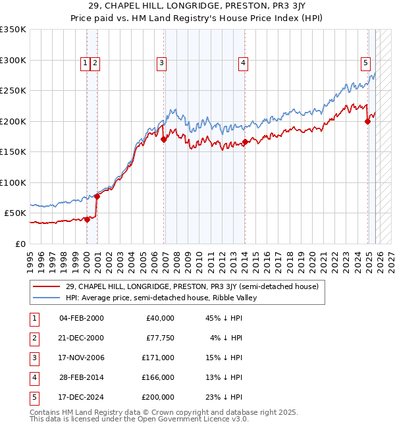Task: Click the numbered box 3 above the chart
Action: pos(161,63)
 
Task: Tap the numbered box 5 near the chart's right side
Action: pos(365,63)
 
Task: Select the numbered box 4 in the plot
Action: pos(243,63)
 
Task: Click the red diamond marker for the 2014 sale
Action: pos(245,142)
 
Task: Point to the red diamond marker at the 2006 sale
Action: pos(163,139)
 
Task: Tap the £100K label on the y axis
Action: pos(13,182)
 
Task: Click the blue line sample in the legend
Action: pos(47,298)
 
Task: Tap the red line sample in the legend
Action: pos(47,286)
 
